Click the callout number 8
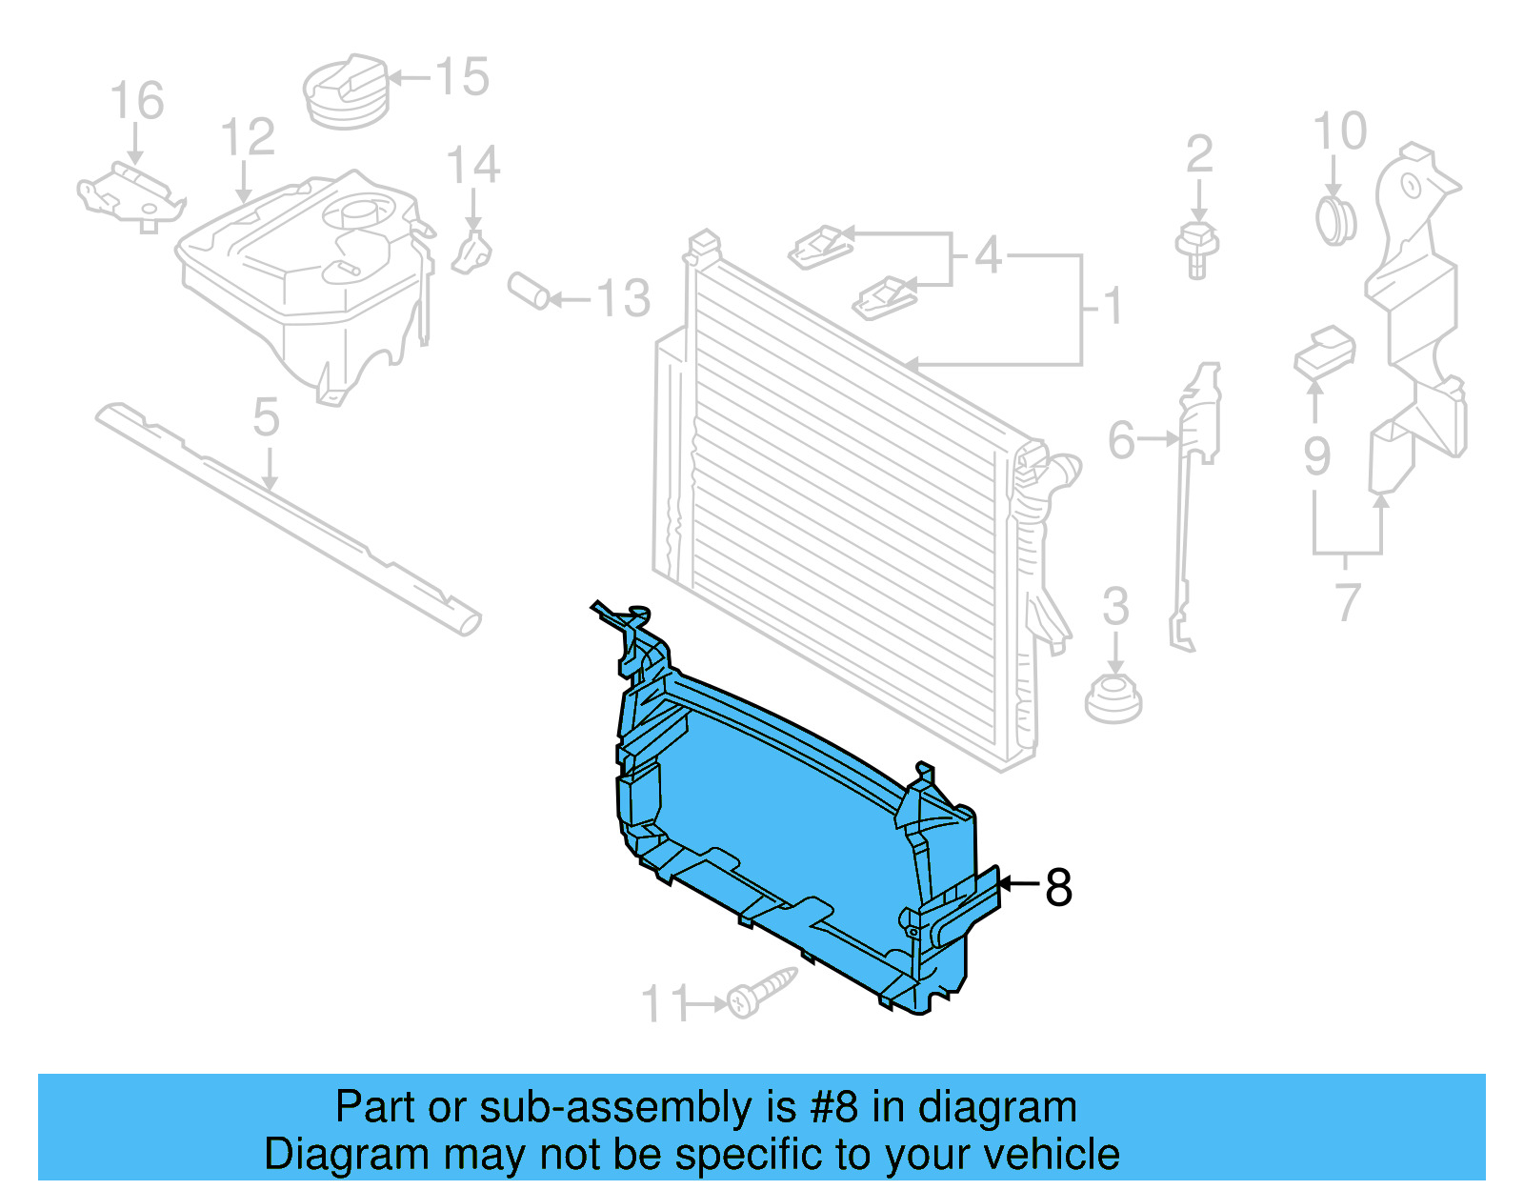coord(1058,887)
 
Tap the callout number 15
coord(463,77)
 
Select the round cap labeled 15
coord(347,92)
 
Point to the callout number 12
coord(248,138)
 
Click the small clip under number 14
coord(472,252)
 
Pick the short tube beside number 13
coord(529,292)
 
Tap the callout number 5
coord(267,418)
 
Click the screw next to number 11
coord(760,993)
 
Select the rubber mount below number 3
coord(1113,699)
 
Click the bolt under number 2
coord(1198,249)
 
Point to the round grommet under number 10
coord(1335,220)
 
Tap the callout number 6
coord(1122,440)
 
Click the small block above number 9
coord(1325,351)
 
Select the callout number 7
coord(1347,601)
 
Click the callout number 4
coord(988,255)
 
